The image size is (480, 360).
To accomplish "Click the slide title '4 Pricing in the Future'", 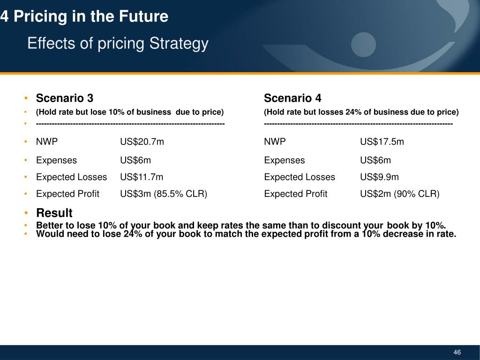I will pyautogui.click(x=84, y=17).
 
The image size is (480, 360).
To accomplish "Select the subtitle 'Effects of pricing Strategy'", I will pyautogui.click(x=118, y=44).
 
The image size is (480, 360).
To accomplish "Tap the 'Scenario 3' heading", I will pyautogui.click(x=65, y=98).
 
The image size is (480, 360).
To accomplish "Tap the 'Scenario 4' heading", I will pyautogui.click(x=292, y=98).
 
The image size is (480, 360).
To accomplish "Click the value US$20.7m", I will pyautogui.click(x=142, y=142).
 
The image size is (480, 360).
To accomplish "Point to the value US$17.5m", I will pyautogui.click(x=382, y=142).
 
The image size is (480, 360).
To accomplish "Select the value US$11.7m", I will pyautogui.click(x=142, y=177).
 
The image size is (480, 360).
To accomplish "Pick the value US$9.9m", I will pyautogui.click(x=379, y=177).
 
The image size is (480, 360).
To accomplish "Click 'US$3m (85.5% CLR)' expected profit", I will pyautogui.click(x=164, y=194).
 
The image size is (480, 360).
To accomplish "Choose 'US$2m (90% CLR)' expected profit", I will pyautogui.click(x=399, y=194).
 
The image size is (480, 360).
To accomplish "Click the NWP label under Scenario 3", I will pyautogui.click(x=47, y=142).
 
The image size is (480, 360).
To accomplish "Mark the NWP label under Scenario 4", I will pyautogui.click(x=275, y=142).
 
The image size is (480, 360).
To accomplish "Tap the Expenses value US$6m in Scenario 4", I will pyautogui.click(x=375, y=160).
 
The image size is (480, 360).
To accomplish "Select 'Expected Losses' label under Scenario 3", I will pyautogui.click(x=71, y=177).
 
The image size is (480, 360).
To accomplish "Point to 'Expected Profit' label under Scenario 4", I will pyautogui.click(x=296, y=194).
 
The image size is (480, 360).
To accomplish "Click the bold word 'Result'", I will pyautogui.click(x=54, y=213).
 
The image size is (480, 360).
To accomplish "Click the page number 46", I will pyautogui.click(x=457, y=352).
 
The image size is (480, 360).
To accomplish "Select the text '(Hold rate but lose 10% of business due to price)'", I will pyautogui.click(x=130, y=112).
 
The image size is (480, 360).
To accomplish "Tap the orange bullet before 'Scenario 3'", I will pyautogui.click(x=28, y=98).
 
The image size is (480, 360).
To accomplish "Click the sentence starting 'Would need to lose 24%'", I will pyautogui.click(x=246, y=234).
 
